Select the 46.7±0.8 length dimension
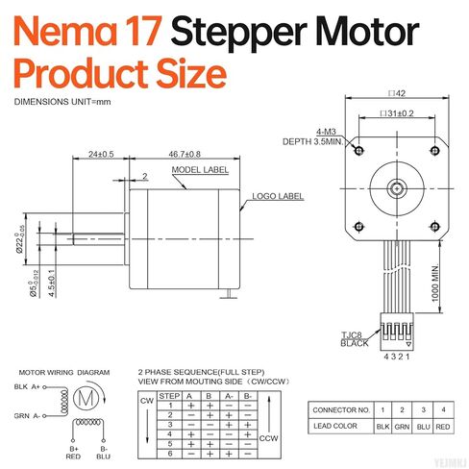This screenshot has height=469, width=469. click(x=180, y=154)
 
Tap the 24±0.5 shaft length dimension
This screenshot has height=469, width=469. click(x=101, y=154)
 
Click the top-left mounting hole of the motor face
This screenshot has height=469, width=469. click(x=358, y=150)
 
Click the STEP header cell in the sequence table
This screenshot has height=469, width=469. click(x=169, y=394)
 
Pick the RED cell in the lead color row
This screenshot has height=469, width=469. click(x=442, y=426)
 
